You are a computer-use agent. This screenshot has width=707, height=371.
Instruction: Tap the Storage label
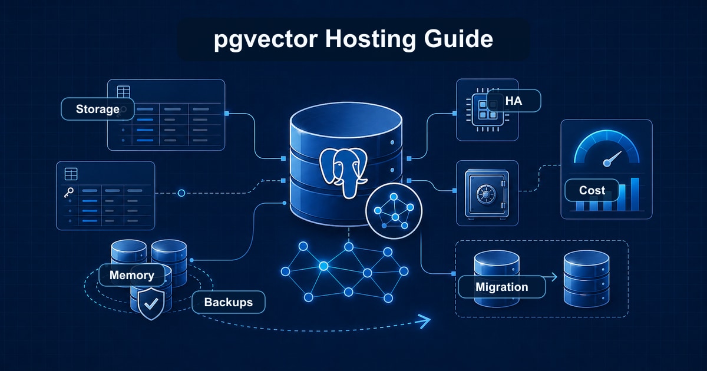[97, 109]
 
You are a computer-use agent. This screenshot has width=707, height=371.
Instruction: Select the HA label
[513, 101]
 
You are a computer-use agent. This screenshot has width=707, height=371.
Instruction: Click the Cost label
[592, 190]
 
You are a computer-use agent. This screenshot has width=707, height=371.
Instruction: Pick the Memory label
[131, 275]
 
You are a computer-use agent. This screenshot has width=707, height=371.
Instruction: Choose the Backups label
[228, 302]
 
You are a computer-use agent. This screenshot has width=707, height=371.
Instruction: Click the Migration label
[501, 287]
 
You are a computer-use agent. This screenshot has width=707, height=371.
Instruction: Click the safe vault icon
[487, 193]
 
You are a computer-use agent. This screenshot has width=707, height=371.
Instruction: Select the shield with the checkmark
[151, 304]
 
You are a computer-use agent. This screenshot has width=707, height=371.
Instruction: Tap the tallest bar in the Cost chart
[635, 194]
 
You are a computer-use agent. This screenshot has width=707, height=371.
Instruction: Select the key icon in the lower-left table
[69, 192]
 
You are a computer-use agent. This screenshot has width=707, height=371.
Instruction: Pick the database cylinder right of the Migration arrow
[586, 279]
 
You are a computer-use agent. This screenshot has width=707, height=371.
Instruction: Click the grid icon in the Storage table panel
[124, 92]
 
